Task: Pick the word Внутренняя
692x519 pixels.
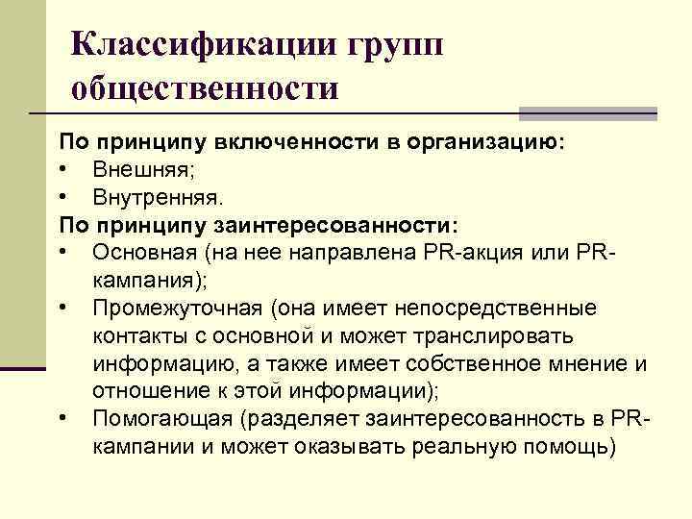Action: [158, 198]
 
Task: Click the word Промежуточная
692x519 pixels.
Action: [177, 309]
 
